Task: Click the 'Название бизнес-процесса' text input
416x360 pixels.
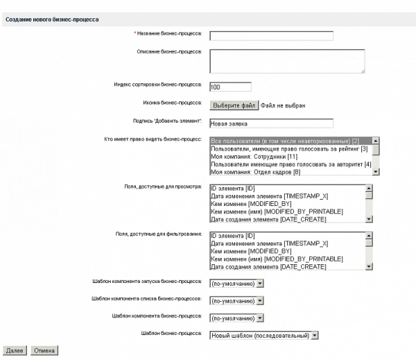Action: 271,36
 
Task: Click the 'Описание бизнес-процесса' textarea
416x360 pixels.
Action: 286,60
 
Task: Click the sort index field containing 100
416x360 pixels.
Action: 229,87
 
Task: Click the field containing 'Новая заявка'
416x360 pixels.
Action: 271,123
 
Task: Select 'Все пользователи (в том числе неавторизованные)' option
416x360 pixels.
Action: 290,141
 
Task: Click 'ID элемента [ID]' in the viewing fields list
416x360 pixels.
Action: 233,188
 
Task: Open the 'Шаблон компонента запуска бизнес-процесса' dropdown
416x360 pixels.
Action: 236,283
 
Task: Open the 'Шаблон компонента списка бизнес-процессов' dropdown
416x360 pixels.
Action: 236,301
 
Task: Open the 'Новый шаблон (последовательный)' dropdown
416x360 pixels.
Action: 263,335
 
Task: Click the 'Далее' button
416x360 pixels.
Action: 15,350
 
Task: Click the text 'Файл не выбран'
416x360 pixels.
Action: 283,105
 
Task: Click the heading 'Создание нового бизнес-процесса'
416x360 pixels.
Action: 51,19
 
